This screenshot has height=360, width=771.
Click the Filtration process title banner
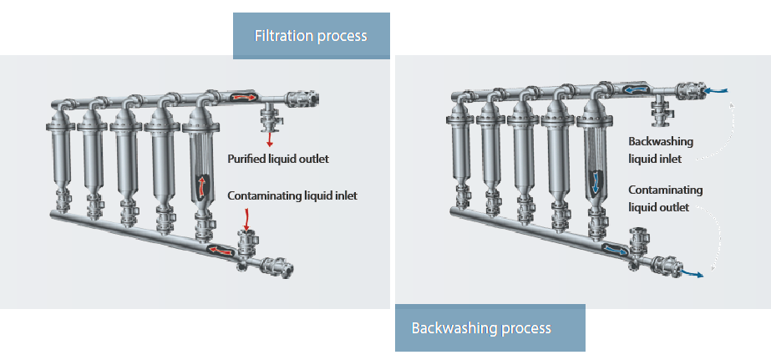(x=311, y=36)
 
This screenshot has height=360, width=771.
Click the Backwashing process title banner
(x=489, y=327)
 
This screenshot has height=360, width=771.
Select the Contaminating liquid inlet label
(x=292, y=195)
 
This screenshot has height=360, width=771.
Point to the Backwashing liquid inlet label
(x=661, y=150)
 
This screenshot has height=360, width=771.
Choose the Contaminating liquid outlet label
(x=666, y=198)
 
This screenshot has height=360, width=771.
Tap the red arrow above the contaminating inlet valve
(x=246, y=220)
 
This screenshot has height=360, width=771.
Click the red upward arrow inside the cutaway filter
(x=201, y=185)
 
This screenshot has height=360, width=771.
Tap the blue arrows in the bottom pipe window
(x=614, y=249)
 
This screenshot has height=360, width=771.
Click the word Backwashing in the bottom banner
(x=450, y=327)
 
